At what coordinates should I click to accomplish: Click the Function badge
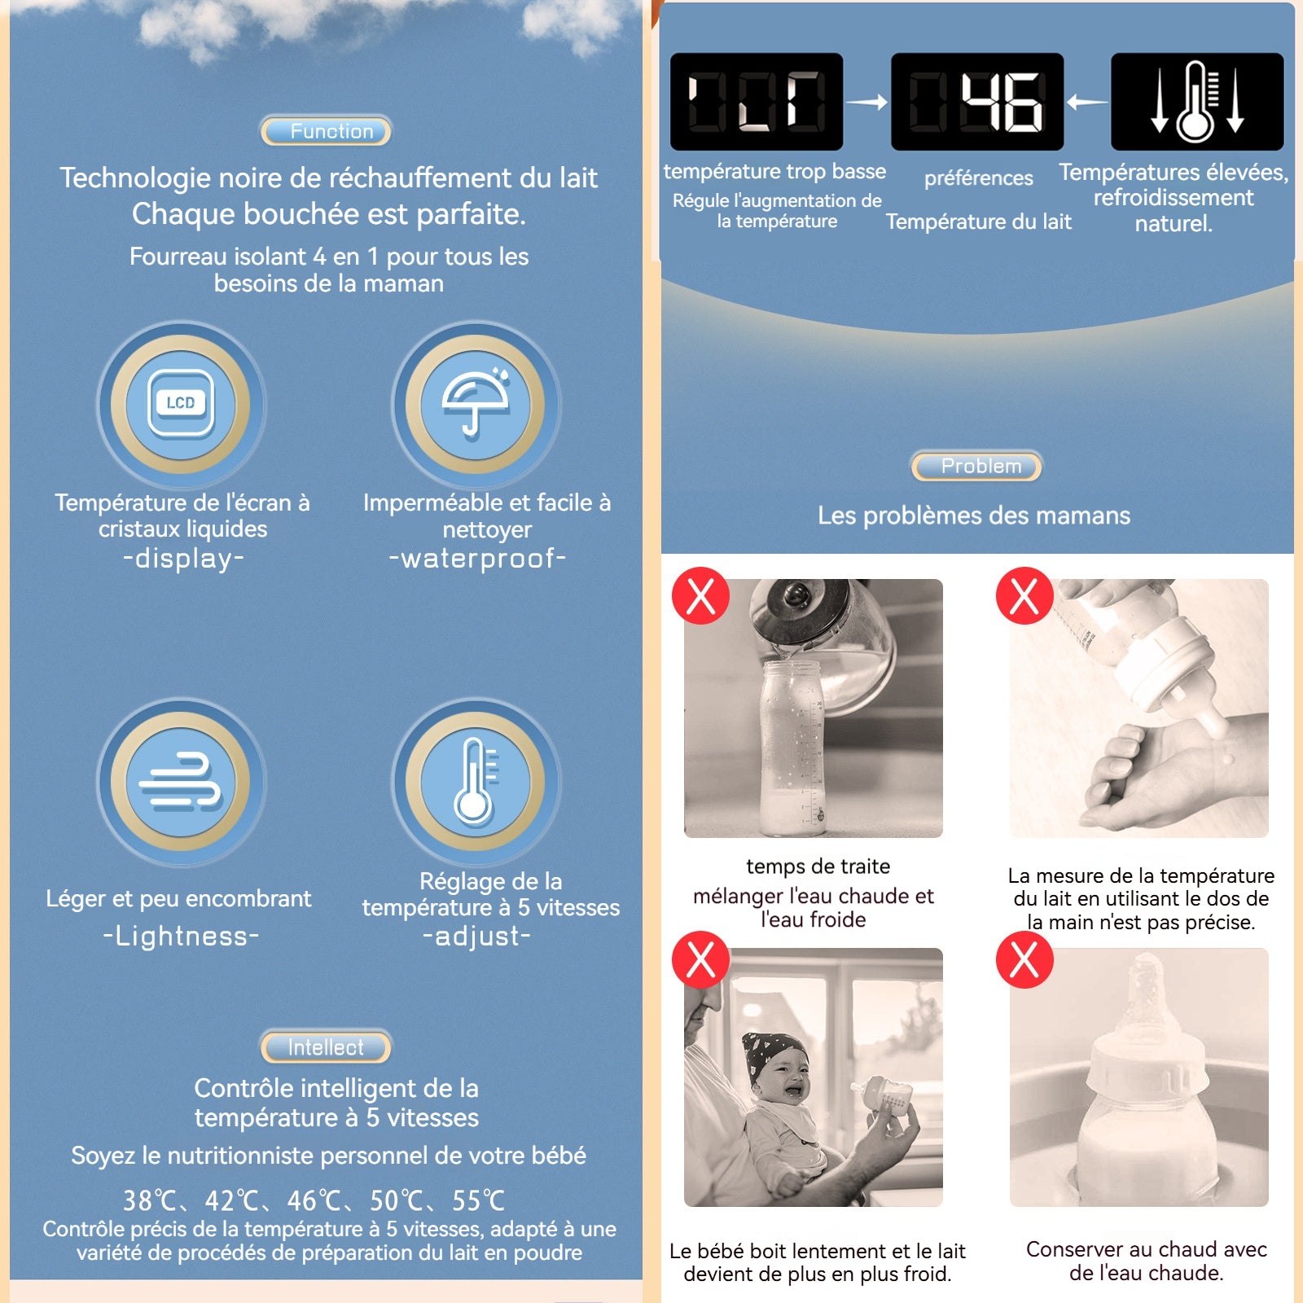[x=326, y=131]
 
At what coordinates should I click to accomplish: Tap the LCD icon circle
[x=181, y=404]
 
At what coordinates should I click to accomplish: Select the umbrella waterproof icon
[x=476, y=404]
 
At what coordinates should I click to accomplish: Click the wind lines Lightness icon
[x=181, y=782]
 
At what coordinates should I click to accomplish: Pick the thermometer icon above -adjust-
[x=476, y=782]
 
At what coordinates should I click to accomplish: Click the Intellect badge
[x=326, y=1047]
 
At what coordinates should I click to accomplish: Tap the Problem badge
[x=976, y=466]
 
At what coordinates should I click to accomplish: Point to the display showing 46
[x=977, y=102]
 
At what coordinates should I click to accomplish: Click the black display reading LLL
[x=757, y=102]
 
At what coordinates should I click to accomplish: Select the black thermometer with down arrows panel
[x=1197, y=102]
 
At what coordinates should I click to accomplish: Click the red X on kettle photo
[x=700, y=596]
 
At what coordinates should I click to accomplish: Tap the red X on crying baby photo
[x=700, y=959]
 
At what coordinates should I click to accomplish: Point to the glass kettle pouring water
[x=823, y=631]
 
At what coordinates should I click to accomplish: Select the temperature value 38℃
[x=150, y=1200]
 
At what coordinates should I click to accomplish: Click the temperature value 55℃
[x=479, y=1200]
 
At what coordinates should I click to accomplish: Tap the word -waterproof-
[x=477, y=559]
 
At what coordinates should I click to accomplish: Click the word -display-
[x=183, y=559]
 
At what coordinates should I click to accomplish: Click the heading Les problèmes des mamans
[x=974, y=515]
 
